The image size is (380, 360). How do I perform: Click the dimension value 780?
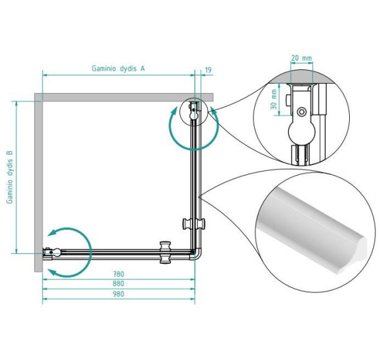tap(119, 274)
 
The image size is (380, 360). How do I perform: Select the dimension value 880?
tap(119, 283)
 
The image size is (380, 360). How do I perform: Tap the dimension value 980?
tap(119, 294)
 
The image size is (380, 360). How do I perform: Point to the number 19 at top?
tap(208, 70)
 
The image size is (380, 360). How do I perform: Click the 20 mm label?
tap(301, 58)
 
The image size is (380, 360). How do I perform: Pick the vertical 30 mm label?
tap(274, 99)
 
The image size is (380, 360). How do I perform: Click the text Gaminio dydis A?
tap(119, 69)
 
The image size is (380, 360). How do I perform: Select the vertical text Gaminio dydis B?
tap(10, 177)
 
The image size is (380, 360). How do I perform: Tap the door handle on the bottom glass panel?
tap(165, 252)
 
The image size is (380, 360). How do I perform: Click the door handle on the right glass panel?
tap(194, 224)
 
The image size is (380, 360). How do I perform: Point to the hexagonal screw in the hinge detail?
tap(302, 112)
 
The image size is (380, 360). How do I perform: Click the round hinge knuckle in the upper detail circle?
tap(302, 133)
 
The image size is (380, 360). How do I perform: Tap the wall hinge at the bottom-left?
tap(51, 253)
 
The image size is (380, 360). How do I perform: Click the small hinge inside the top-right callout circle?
tap(193, 111)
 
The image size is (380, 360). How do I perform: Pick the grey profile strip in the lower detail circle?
tap(312, 230)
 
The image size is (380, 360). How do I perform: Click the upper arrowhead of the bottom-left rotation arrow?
tap(52, 233)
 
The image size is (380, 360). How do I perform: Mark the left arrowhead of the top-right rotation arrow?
tap(174, 112)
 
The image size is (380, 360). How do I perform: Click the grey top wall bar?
tap(124, 97)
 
